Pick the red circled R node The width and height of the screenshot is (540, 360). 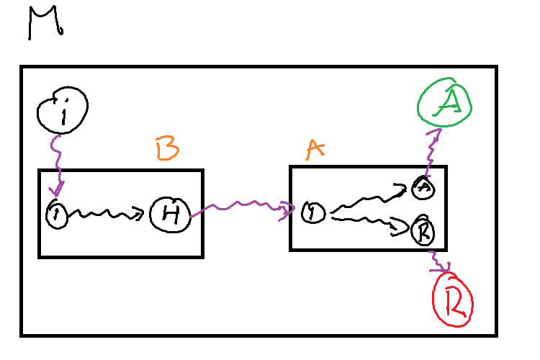[x=451, y=305]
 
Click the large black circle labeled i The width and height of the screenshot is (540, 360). [x=62, y=112]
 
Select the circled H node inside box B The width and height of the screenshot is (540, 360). [x=170, y=213]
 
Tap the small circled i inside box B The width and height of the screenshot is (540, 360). [x=56, y=214]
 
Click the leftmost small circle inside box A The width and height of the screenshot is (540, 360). [x=312, y=212]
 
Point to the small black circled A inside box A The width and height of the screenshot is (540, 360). [x=422, y=188]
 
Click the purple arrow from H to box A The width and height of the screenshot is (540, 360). [x=241, y=208]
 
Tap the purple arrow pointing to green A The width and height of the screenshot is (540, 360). [x=433, y=151]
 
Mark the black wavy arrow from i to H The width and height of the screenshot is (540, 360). [x=104, y=214]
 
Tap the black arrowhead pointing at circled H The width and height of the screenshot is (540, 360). [x=140, y=213]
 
